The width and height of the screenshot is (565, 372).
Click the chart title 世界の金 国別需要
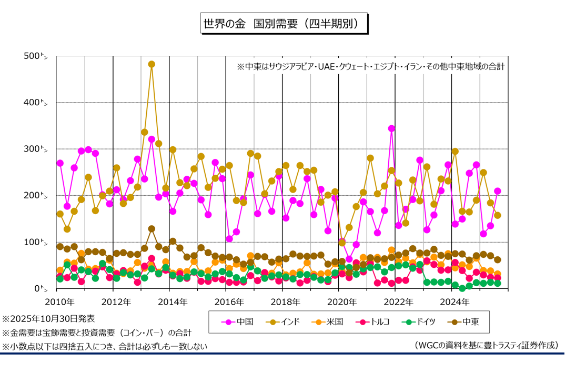pyautogui.click(x=283, y=24)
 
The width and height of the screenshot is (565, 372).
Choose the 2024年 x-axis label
pyautogui.click(x=451, y=302)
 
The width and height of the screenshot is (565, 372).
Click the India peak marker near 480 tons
pyautogui.click(x=152, y=64)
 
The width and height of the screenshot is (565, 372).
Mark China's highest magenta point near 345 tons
pyautogui.click(x=391, y=128)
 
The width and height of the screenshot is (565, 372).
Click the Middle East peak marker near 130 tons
pyautogui.click(x=152, y=229)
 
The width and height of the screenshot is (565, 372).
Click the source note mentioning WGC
pyautogui.click(x=486, y=345)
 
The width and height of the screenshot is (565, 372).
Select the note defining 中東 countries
pyautogui.click(x=370, y=67)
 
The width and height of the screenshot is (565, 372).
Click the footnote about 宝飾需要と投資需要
pyautogui.click(x=97, y=333)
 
